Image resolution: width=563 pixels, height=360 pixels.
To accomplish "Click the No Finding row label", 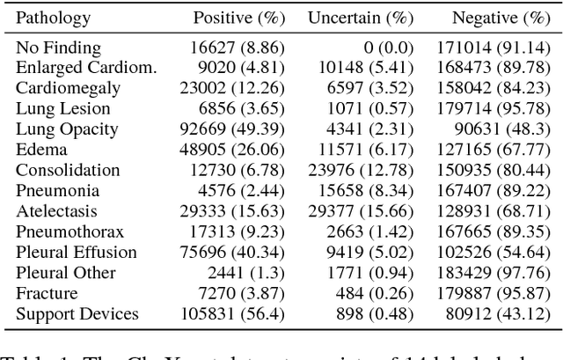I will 58,48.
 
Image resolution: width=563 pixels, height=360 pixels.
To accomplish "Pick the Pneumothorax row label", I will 69,232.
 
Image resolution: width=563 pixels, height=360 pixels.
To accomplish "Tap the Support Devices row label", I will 77,314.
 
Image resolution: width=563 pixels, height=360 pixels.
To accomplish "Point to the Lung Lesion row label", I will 63,109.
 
